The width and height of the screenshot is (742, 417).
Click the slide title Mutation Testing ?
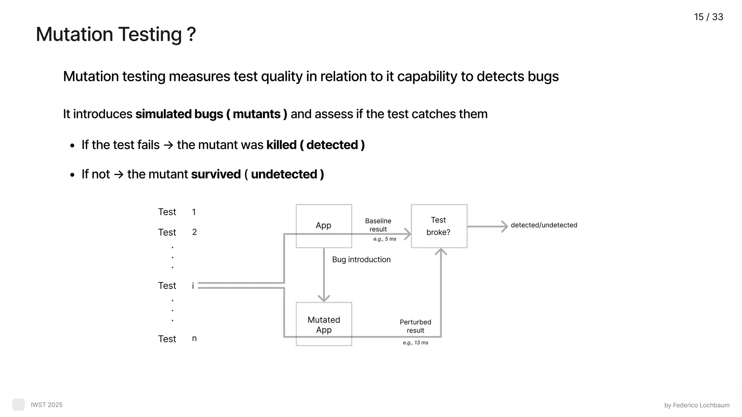116,34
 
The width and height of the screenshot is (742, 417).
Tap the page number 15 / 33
708,17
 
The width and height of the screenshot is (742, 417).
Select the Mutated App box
324,324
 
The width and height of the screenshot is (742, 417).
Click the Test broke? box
439,226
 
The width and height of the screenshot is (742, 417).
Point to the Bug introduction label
361,260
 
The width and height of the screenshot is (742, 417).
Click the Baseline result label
378,225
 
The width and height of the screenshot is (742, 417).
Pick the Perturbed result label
415,326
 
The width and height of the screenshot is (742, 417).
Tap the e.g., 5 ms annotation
385,239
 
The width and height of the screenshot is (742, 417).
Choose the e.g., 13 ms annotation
415,342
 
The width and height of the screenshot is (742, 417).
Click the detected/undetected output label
544,225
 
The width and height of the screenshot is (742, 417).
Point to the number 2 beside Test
195,232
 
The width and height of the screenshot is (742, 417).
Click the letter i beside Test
193,286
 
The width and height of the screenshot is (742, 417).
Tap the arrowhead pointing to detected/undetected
504,227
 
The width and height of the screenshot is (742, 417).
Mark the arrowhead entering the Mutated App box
324,298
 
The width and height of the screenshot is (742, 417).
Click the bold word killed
282,145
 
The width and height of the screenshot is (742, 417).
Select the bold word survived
216,174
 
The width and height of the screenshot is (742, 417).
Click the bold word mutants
257,114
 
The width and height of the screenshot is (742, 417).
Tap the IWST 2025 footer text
47,405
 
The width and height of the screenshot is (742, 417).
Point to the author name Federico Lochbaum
701,405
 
